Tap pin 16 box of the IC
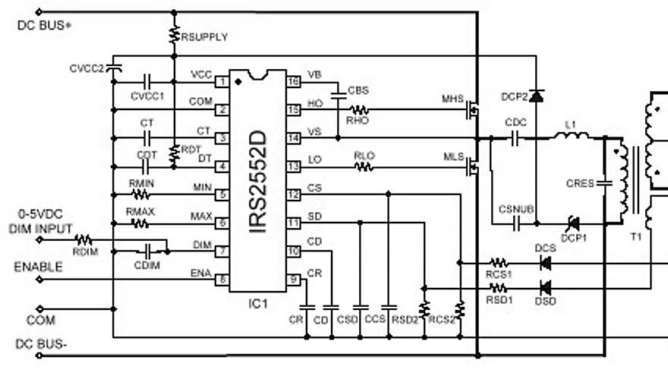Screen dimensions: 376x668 pyautogui.click(x=292, y=81)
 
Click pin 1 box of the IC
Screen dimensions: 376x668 pyautogui.click(x=222, y=81)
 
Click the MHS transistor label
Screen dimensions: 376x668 pyautogui.click(x=452, y=99)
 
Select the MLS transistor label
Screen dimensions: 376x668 pyautogui.click(x=452, y=156)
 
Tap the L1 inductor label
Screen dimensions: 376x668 pyautogui.click(x=570, y=123)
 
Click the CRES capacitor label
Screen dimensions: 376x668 pyautogui.click(x=581, y=183)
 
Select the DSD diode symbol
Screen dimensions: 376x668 pyautogui.click(x=544, y=289)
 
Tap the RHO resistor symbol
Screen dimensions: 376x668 pyautogui.click(x=357, y=109)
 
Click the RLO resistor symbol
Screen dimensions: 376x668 pyautogui.click(x=364, y=166)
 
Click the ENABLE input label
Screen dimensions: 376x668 pyautogui.click(x=38, y=267)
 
